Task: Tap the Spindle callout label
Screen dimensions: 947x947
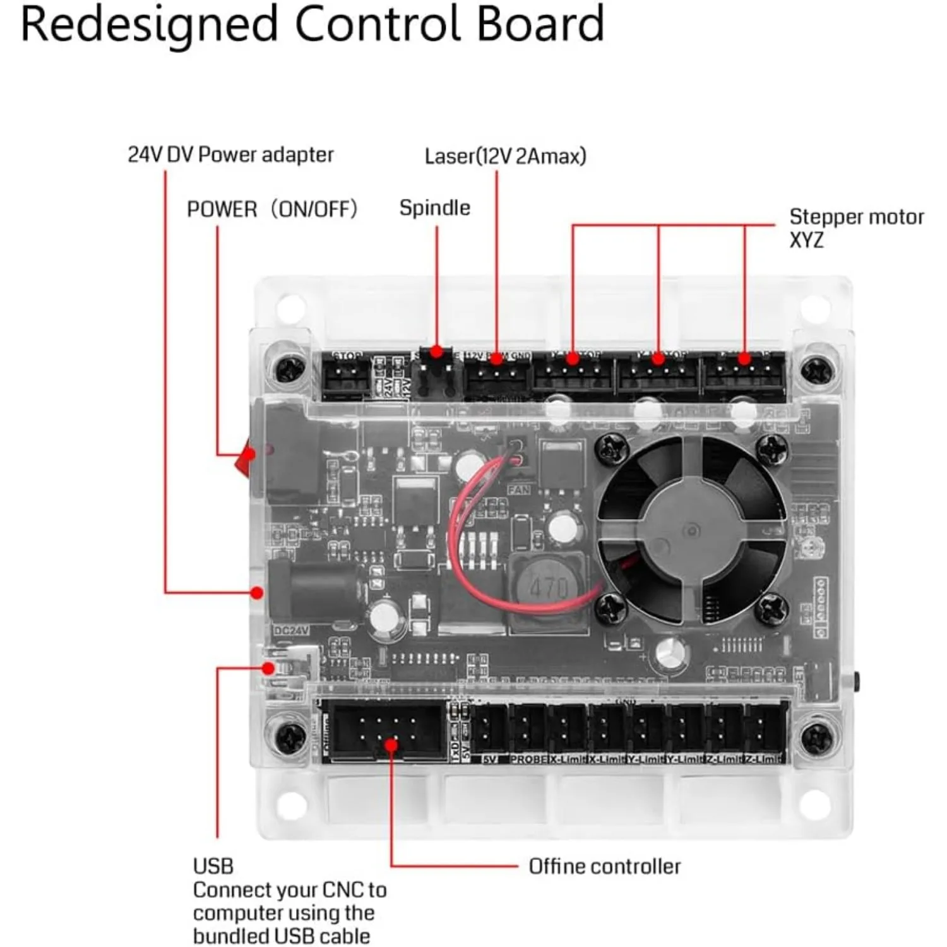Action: pos(434,208)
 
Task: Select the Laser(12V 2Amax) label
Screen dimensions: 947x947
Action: pos(505,156)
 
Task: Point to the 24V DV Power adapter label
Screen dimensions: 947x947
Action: pos(230,155)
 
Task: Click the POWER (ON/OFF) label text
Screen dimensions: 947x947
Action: pos(272,209)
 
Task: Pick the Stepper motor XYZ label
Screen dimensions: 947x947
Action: pos(855,228)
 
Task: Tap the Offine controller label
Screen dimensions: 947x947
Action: pos(604,866)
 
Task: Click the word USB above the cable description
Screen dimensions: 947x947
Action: pos(213,866)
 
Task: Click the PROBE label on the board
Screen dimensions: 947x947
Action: pos(527,759)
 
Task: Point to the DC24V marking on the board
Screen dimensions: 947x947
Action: pos(291,631)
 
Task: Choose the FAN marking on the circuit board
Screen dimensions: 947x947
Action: pos(518,490)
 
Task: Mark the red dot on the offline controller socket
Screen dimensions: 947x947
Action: pos(391,745)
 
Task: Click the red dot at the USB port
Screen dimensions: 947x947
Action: pos(269,668)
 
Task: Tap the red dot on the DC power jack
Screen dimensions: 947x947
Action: pos(256,593)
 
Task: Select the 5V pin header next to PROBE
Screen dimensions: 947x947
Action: pos(489,729)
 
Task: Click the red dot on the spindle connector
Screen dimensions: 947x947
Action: pos(437,351)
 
